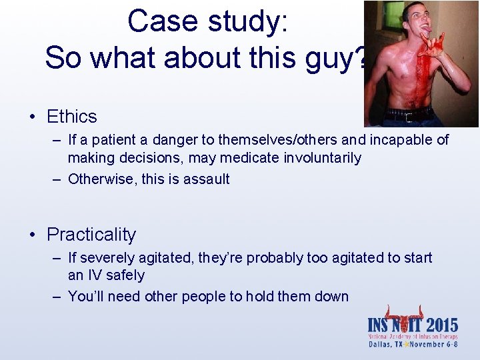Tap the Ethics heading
click(x=71, y=117)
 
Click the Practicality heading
click(x=91, y=235)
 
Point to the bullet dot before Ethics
click(x=32, y=117)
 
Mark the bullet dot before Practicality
click(x=32, y=235)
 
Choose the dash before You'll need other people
click(x=58, y=297)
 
